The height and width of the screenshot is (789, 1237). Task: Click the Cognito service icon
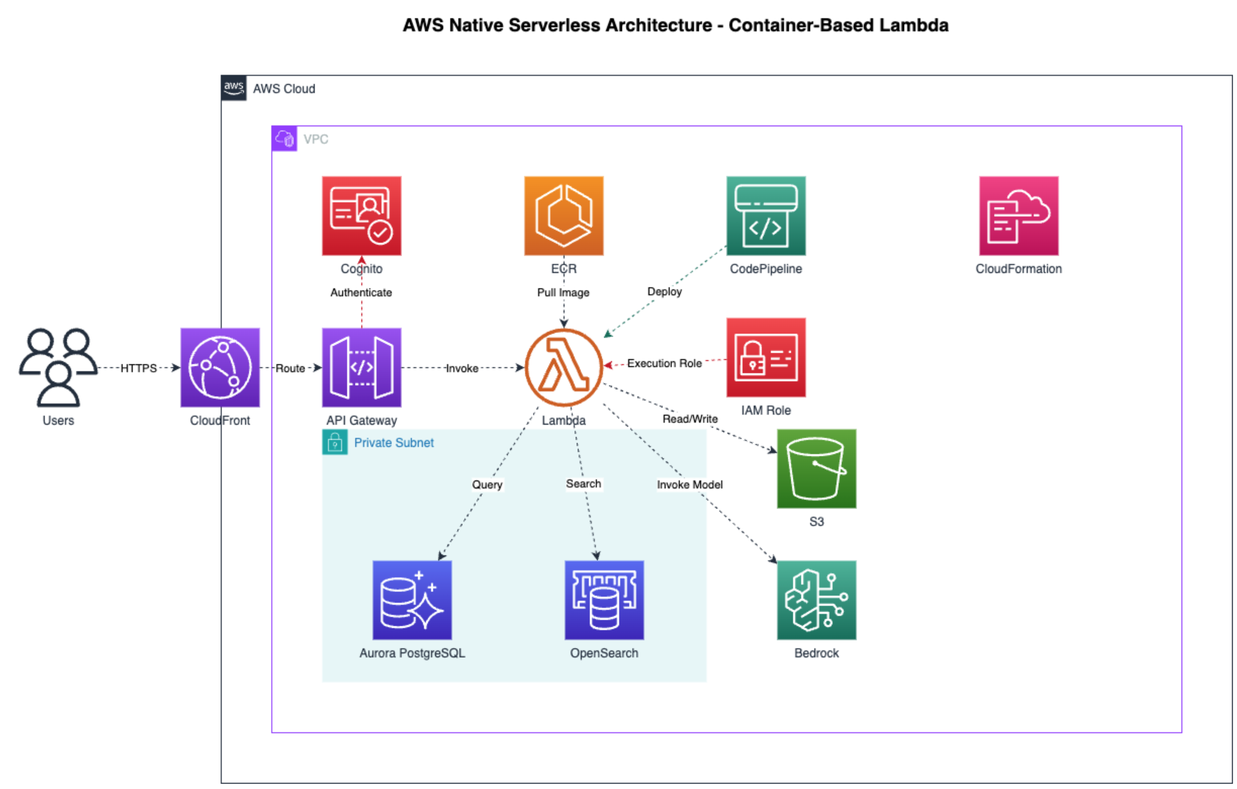[x=361, y=215]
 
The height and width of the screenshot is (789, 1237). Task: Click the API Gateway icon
[x=361, y=368]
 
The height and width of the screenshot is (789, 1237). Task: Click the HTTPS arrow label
[x=139, y=368]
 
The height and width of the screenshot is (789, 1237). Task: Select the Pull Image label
[x=563, y=293]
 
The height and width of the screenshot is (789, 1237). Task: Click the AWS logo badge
[x=234, y=88]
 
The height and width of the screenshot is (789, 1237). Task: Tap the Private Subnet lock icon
[x=335, y=442]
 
